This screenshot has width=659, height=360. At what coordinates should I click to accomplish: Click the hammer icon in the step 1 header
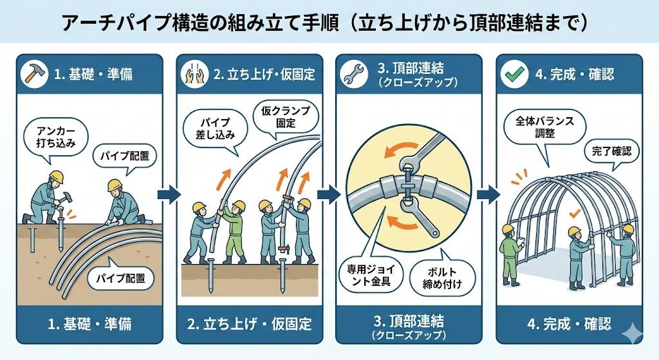coord(32,73)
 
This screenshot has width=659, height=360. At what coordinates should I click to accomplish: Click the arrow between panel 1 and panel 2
coord(169,194)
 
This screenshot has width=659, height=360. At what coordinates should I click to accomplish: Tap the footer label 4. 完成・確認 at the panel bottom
coord(568,323)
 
